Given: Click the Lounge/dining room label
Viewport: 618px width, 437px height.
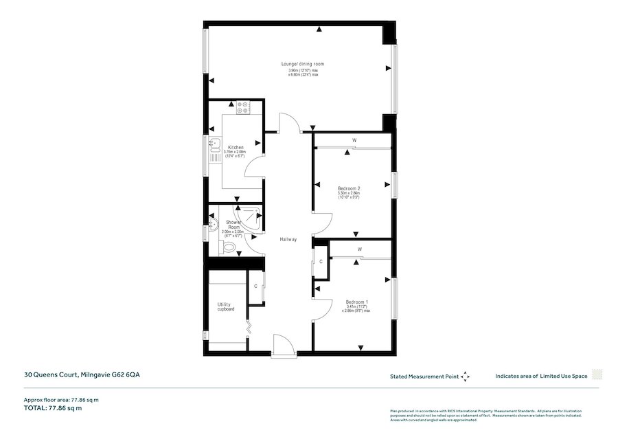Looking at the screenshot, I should click(x=303, y=64).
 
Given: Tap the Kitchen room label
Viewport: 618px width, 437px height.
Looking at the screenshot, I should click(x=236, y=148).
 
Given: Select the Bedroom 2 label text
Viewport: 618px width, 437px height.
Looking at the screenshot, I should click(x=349, y=188).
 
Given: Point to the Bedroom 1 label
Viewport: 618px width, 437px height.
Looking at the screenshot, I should click(x=356, y=302).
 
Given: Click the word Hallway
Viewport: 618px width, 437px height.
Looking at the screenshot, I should click(x=288, y=239).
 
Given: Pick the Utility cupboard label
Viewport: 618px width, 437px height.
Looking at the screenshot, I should click(x=226, y=306).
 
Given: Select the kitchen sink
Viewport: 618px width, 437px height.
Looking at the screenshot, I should click(x=215, y=145).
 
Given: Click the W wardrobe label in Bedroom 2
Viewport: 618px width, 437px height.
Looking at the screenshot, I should click(x=354, y=141).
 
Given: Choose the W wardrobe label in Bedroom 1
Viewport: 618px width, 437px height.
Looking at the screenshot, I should click(x=359, y=249).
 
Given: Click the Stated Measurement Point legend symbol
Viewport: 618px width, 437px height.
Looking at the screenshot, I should click(x=465, y=377).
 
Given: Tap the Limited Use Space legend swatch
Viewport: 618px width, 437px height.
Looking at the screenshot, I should click(x=597, y=375).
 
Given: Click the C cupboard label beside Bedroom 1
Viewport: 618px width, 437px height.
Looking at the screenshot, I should click(x=321, y=261).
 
